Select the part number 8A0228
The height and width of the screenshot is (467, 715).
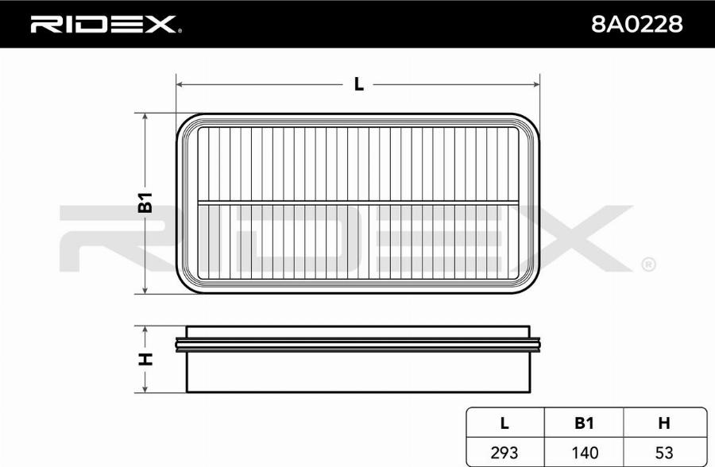pos(636,24)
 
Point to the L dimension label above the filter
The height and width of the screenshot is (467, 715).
pos(359,84)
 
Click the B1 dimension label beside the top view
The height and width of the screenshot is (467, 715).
pos(145,203)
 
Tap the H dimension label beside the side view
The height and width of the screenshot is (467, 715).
pos(145,359)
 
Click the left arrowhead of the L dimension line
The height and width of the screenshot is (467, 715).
pos(180,84)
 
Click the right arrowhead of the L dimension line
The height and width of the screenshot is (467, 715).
pos(536,84)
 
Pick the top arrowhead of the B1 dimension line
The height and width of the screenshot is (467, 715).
pos(145,117)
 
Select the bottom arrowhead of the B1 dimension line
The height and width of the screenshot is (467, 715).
pos(145,290)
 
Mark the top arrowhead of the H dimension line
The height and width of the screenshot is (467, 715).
pos(145,330)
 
